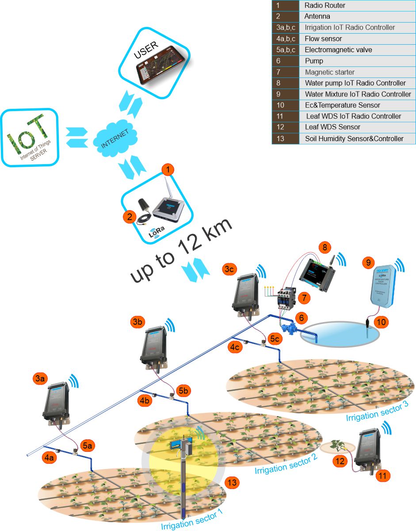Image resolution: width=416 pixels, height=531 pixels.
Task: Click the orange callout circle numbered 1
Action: click(168, 169)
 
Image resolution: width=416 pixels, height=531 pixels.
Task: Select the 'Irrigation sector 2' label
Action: click(286, 464)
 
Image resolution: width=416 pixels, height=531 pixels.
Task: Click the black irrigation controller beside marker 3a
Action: click(55, 401)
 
